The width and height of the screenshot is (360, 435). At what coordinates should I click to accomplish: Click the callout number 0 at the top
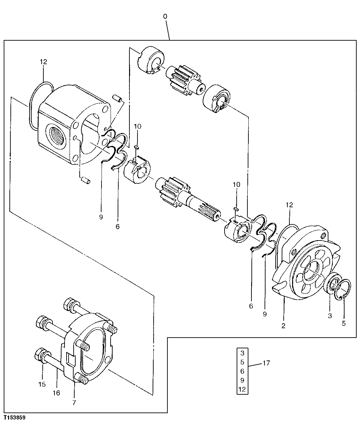(165, 16)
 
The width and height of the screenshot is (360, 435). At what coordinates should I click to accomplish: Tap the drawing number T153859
(15, 418)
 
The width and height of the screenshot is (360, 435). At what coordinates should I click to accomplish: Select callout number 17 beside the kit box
(266, 363)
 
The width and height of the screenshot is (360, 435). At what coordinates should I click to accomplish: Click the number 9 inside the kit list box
(242, 380)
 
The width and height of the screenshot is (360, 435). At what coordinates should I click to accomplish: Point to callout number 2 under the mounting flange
(283, 326)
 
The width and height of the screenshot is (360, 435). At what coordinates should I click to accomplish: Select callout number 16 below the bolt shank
(56, 393)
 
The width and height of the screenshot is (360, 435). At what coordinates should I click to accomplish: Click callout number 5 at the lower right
(343, 323)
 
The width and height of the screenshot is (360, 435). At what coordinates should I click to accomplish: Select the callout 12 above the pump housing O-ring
(43, 61)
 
